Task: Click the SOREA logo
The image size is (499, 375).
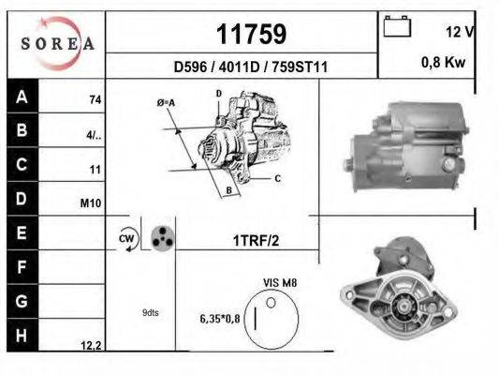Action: click(59, 42)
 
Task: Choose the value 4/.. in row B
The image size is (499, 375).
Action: click(94, 134)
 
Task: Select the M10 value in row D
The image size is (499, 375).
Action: click(93, 202)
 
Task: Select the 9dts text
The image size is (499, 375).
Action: click(150, 312)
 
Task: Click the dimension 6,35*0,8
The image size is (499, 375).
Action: click(221, 319)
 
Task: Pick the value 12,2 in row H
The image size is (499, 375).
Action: click(91, 346)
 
